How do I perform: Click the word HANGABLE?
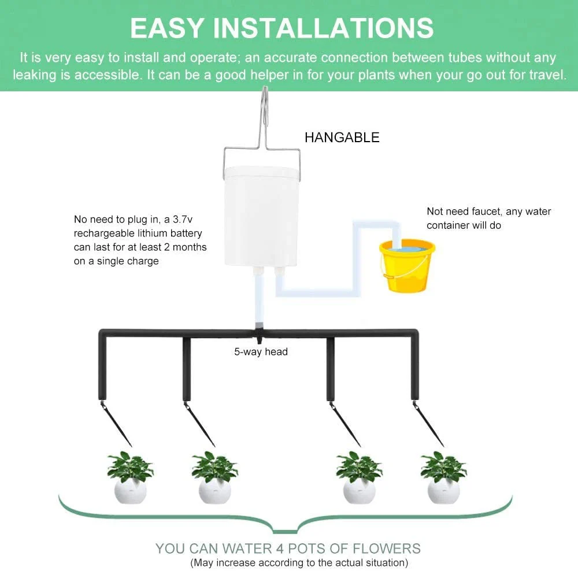[x=342, y=138]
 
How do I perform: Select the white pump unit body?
[x=261, y=216]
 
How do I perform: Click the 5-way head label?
[x=261, y=351]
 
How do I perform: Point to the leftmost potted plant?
[x=130, y=478]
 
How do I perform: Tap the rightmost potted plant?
[x=443, y=478]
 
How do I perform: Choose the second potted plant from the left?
[x=214, y=478]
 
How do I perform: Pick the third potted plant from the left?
[x=359, y=478]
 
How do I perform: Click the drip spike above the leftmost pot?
[x=116, y=424]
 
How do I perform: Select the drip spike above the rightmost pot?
[x=428, y=424]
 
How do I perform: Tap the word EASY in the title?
[x=167, y=28]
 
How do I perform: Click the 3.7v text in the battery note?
[x=183, y=219]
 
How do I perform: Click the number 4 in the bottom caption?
[x=280, y=549]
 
